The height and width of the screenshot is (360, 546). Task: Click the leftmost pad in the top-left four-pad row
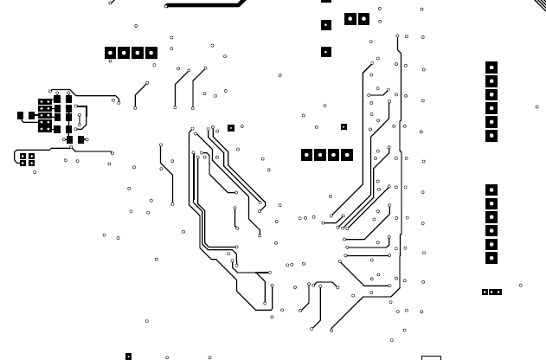pos(110,53)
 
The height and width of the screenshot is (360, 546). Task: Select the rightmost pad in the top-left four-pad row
pos(151,53)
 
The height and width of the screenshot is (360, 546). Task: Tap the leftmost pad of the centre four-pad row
pos(306,155)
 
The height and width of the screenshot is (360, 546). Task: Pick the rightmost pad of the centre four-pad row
pos(347,155)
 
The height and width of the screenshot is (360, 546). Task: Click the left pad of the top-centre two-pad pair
pos(350,18)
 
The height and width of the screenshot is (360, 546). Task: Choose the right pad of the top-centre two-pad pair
pos(363,18)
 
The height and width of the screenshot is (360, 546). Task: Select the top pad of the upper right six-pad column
pos(491,67)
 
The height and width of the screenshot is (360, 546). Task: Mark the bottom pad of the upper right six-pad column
pos(491,136)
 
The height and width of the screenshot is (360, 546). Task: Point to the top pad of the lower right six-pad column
pos(491,190)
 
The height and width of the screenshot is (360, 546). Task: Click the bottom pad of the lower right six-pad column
pos(491,258)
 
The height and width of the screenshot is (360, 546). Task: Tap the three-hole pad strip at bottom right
pos(491,292)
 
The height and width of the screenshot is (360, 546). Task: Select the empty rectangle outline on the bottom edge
pos(431,357)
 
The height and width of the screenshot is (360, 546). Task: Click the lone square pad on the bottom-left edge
pos(128,357)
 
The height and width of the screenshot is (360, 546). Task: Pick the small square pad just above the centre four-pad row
pos(344,127)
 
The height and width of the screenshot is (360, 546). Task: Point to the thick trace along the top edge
pos(204,4)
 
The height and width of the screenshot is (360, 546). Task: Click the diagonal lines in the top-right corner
pos(540,4)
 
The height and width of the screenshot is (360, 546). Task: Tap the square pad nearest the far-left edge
pos(20,115)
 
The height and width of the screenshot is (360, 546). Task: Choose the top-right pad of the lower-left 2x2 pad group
pos(32,157)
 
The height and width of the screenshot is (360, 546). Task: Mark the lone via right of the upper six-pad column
pos(536,107)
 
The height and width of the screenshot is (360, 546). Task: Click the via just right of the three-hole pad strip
pos(520,285)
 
